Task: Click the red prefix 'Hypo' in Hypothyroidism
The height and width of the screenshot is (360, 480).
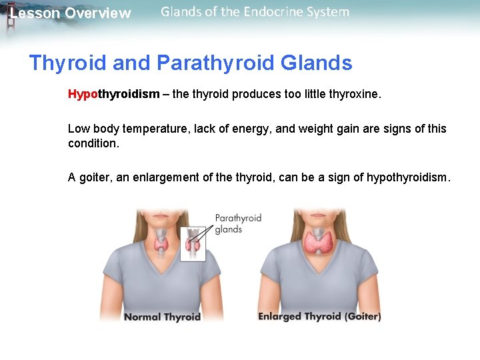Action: pyautogui.click(x=83, y=95)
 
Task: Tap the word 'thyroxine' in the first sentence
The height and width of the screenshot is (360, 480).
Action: pyautogui.click(x=354, y=95)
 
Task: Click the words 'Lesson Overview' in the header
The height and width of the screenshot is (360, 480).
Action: pyautogui.click(x=71, y=13)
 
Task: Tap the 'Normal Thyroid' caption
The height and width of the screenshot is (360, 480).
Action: pyautogui.click(x=162, y=317)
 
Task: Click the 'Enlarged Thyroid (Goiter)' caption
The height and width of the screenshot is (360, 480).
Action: pyautogui.click(x=319, y=317)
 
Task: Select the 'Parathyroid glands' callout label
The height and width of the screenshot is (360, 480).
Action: pyautogui.click(x=237, y=223)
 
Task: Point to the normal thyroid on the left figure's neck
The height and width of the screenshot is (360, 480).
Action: pyautogui.click(x=162, y=243)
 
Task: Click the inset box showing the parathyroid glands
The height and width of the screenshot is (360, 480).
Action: pyautogui.click(x=193, y=244)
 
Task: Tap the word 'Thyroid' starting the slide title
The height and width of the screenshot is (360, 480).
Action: pyautogui.click(x=67, y=63)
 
